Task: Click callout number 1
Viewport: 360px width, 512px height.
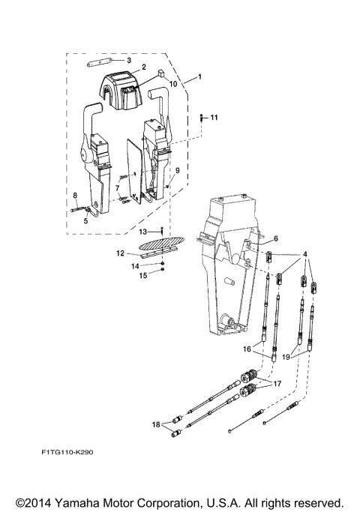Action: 199,77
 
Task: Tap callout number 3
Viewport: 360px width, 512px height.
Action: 128,60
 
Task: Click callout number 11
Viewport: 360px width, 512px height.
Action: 214,118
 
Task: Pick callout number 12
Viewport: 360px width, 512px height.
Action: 120,253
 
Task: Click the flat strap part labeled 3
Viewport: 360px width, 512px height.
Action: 100,61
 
